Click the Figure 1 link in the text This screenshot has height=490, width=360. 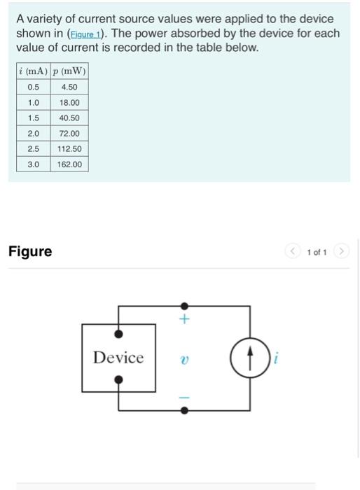(83, 34)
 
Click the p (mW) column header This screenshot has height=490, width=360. (69, 72)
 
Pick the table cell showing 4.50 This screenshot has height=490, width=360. (69, 87)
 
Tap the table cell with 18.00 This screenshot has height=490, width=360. (69, 102)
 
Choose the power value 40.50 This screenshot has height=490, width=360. (69, 118)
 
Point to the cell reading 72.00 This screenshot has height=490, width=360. (69, 133)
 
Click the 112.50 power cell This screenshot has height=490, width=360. (69, 148)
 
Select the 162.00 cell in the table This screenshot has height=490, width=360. (69, 164)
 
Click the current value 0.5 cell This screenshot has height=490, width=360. (33, 87)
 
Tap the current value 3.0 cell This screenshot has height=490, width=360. (33, 164)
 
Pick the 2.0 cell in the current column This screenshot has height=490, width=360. (33, 133)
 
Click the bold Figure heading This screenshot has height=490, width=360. (30, 251)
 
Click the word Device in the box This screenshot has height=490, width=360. (118, 358)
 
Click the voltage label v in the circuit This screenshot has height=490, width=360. (184, 358)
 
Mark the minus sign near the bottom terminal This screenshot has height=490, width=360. (184, 397)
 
